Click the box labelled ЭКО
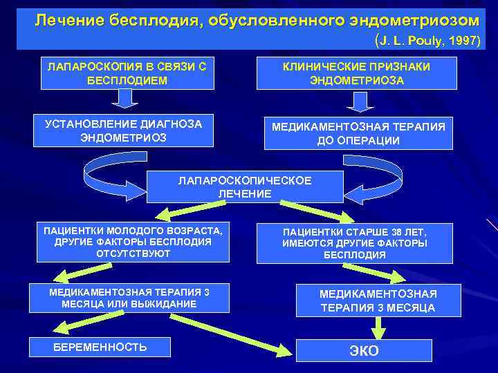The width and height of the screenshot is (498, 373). coord(364,350)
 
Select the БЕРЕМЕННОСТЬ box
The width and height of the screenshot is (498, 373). coord(100,347)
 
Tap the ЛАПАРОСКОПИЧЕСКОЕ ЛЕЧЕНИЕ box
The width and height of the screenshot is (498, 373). coord(245,187)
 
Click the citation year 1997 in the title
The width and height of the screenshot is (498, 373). coord(463,41)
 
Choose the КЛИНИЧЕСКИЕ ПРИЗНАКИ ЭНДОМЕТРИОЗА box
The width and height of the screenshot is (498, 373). coord(356,73)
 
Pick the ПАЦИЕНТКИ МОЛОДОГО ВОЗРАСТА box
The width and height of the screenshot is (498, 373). coord(133,242)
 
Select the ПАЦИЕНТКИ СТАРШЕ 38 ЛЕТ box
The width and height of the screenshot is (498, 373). coord(355,243)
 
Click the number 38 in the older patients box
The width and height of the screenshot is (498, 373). coord(395,232)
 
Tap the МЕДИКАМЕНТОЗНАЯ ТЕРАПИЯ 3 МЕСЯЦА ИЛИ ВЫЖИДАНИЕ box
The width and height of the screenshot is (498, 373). coord(129,298)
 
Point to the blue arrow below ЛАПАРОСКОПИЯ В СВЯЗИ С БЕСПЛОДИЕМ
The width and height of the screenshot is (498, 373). coord(124,99)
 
